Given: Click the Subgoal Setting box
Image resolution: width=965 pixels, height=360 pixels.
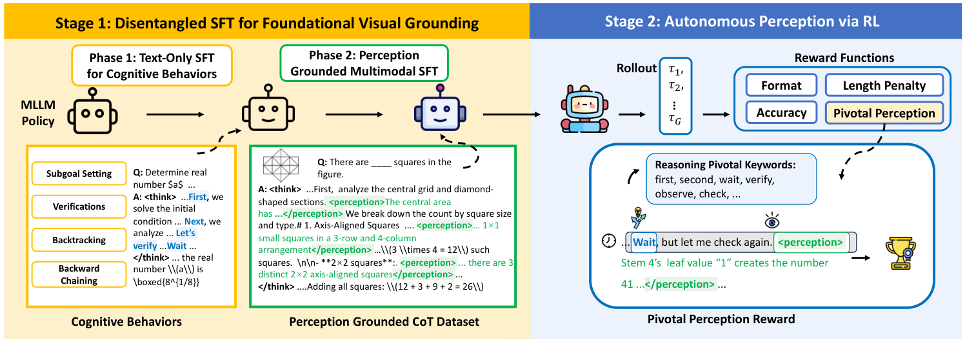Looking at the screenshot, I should (79, 174).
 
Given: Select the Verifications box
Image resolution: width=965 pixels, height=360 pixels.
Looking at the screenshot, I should (79, 207).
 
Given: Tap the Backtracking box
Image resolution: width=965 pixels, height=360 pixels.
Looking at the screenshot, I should (79, 240).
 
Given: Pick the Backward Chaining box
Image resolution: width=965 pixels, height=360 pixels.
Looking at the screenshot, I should (79, 274).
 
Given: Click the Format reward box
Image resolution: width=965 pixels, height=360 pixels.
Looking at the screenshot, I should (781, 85).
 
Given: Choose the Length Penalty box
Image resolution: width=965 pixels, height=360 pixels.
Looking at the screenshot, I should (884, 85).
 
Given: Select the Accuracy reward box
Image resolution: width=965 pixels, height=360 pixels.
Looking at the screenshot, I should (781, 113).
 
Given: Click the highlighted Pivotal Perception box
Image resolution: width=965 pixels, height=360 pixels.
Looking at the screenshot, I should (884, 113).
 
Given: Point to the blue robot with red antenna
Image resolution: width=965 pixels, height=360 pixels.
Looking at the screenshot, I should (440, 110).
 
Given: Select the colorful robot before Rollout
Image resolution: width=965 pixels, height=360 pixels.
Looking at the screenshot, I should (583, 110).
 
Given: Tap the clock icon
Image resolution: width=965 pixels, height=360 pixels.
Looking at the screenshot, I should (608, 241).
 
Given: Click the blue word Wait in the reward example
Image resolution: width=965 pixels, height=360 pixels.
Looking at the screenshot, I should (644, 243).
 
